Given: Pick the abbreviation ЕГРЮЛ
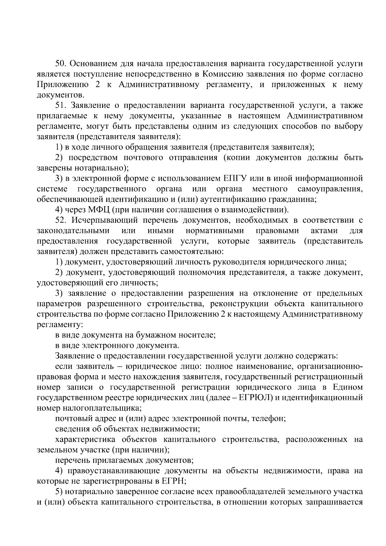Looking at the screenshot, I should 256,398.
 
